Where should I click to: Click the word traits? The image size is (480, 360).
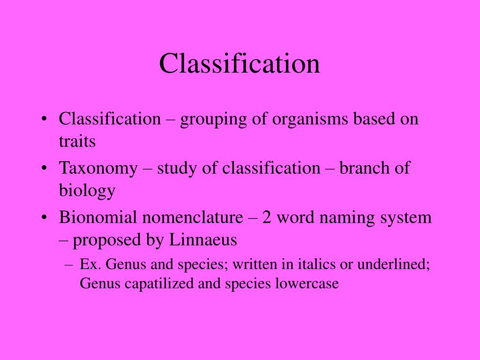[77, 141]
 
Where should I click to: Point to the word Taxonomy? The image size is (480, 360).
[98, 169]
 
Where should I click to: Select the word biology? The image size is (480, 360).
[87, 191]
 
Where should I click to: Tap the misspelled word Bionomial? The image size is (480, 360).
[98, 217]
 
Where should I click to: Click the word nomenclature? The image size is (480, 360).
[193, 217]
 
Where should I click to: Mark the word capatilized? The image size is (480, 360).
[157, 284]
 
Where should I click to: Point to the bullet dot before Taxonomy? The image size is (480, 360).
[44, 169]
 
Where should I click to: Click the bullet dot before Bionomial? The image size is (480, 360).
[44, 218]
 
